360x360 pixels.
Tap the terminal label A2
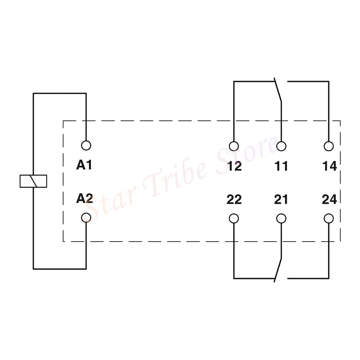point(84,199)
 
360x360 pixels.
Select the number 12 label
point(234,166)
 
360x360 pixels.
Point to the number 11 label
point(281,166)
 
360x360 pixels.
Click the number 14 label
point(329,166)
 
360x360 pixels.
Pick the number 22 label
point(234,199)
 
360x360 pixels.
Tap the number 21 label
point(281,199)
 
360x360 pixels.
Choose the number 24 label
point(329,199)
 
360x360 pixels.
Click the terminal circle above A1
point(86,145)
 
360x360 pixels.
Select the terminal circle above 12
point(234,146)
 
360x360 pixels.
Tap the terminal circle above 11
point(282,146)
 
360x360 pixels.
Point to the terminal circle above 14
point(328,146)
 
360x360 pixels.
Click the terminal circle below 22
point(234,218)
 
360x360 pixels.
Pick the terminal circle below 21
point(282,218)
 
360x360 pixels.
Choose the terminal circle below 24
point(328,218)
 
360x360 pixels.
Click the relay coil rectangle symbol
point(33,181)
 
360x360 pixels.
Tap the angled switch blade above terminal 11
point(278,90)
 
